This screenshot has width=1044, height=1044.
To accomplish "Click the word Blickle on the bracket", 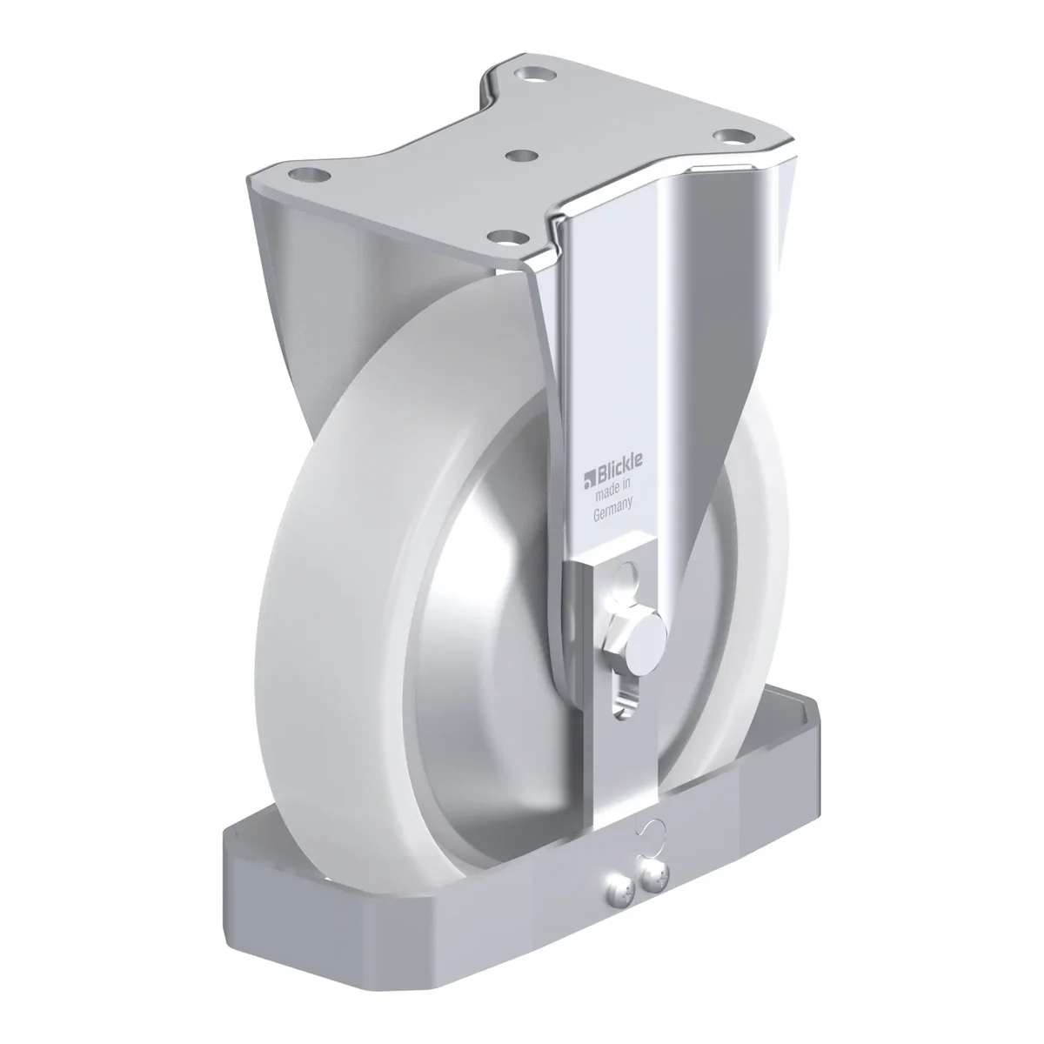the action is pyautogui.click(x=620, y=464).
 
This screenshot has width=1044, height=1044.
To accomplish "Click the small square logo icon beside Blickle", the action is pyautogui.click(x=590, y=478).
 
